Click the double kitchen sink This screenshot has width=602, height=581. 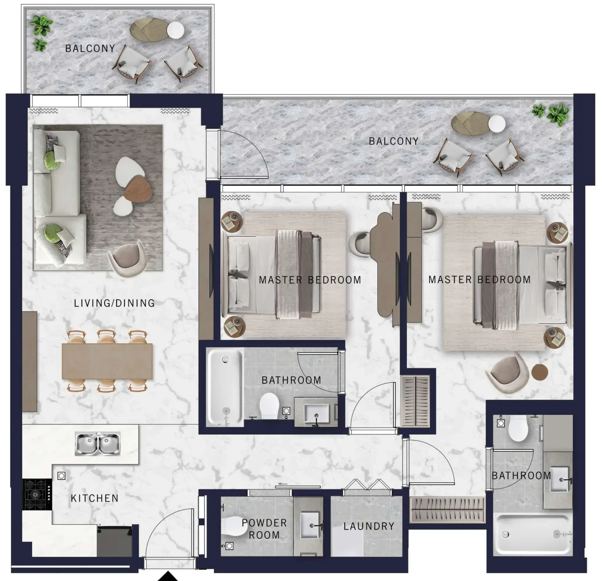click(98, 444)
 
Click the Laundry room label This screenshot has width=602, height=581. click(369, 526)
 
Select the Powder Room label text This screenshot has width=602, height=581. click(264, 529)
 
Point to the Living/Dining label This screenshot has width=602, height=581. click(114, 303)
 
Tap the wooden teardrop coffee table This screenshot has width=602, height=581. click(138, 189)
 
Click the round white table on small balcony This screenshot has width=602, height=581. click(175, 30)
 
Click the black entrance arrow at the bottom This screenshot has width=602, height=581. click(168, 577)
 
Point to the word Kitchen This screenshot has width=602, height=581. click(95, 498)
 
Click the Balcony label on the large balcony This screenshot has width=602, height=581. click(394, 141)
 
